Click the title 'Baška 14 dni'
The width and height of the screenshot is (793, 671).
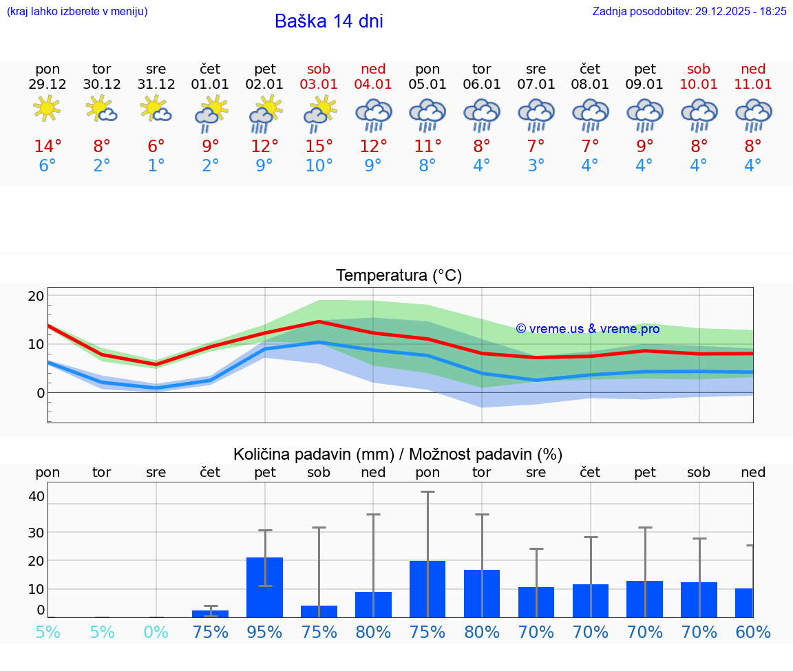point(328,21)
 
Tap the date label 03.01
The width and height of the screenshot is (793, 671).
point(319,84)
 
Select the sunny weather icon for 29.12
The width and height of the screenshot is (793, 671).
point(47,109)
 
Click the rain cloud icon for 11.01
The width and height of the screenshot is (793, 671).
point(753,114)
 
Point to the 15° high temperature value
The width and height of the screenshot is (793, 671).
point(319,147)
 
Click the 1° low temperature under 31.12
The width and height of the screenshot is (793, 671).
point(156,166)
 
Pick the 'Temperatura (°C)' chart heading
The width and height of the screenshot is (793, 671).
point(399,275)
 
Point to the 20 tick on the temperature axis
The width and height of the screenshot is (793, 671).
point(36,296)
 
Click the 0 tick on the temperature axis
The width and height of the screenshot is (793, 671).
point(41,393)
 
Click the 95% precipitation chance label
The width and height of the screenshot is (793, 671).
point(264,632)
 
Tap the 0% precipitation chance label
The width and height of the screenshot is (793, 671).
point(156,632)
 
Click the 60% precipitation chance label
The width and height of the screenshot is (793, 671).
point(752,632)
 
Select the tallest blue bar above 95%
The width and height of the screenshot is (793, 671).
point(264,587)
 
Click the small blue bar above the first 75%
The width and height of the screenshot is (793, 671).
point(210,613)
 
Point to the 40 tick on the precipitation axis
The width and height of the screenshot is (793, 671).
point(36,496)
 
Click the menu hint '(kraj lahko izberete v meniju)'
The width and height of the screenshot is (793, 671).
point(77,11)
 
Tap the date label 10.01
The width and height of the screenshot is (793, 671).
point(699,84)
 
